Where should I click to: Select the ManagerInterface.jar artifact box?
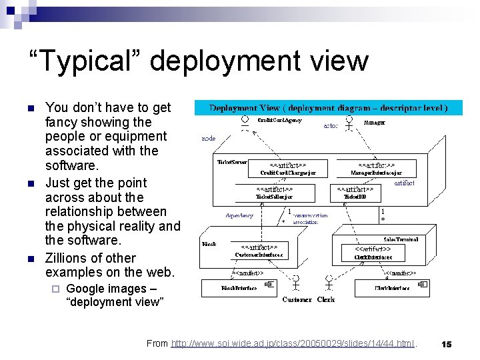coord(376,169)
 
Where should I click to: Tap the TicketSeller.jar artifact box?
coord(274,193)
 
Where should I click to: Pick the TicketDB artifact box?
coord(359,193)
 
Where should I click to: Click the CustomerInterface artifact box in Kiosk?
coord(258,250)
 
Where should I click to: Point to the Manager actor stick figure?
coord(347,125)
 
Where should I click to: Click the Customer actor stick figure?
coord(299,281)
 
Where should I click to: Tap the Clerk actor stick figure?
coord(327,281)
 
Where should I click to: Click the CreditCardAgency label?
coord(279,121)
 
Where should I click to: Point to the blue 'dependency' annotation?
coord(239,215)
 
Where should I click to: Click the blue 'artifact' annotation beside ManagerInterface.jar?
coord(404,182)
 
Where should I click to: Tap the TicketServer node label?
coord(232,161)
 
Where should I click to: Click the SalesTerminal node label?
coord(399,239)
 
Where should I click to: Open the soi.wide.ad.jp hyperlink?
coord(293,343)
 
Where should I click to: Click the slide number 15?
coord(447,344)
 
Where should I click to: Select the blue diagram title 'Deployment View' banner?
coord(328,107)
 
